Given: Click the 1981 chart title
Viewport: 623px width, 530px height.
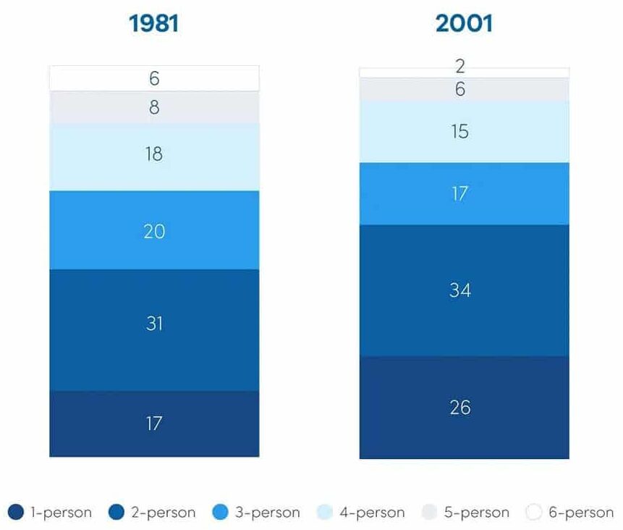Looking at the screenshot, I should (x=153, y=24).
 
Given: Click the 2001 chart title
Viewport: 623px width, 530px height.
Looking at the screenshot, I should (x=464, y=24).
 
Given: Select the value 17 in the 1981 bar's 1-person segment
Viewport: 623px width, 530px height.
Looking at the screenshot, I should (x=153, y=423).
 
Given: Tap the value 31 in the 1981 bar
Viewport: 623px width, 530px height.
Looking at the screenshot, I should (x=154, y=323).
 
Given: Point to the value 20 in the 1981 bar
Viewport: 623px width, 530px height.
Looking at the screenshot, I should (x=154, y=231).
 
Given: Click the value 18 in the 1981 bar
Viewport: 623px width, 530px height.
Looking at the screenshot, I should (x=153, y=154).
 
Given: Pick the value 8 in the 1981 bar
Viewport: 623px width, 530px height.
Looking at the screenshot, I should (x=154, y=108).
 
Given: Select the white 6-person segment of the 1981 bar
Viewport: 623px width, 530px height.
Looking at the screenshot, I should (x=154, y=78).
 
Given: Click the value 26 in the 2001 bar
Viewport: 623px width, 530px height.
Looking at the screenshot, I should (x=460, y=408).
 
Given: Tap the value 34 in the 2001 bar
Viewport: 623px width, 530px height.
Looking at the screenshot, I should (x=460, y=290).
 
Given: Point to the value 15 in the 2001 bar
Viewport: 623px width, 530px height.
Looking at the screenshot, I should (x=460, y=132).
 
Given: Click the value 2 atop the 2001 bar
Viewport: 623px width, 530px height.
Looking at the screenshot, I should (x=460, y=67).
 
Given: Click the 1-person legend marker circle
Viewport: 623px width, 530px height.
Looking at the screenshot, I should (x=16, y=513).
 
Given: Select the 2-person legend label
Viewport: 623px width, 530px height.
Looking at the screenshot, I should (x=163, y=513).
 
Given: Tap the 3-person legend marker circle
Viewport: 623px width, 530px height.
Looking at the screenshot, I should (x=221, y=513).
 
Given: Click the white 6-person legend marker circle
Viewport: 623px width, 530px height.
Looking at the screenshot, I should (x=534, y=513).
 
